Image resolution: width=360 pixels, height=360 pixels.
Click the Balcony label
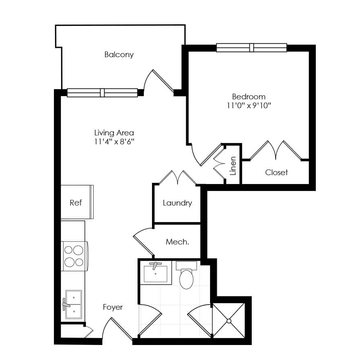coord(119,55)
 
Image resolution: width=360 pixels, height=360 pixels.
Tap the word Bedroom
coord(249,96)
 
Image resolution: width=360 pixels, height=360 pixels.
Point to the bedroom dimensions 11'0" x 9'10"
coord(249,105)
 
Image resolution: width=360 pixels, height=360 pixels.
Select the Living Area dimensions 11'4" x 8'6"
coord(114,141)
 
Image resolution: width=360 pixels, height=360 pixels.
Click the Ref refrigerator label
coord(75,203)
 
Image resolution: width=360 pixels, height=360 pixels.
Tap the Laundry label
coord(177,203)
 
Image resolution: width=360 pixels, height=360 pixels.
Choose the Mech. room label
coord(177,242)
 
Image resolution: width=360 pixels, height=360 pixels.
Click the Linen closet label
coord(233,166)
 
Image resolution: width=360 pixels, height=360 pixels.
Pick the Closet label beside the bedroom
coord(276,172)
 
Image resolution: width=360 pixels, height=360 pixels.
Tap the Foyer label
coord(113,307)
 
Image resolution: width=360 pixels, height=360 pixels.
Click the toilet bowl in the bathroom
coord(186,279)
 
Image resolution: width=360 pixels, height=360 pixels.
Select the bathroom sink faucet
coord(155,266)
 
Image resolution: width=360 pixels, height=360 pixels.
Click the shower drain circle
coord(229,321)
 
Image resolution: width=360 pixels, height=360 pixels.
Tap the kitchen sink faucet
coord(66,304)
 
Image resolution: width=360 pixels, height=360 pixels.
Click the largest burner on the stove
coord(78,250)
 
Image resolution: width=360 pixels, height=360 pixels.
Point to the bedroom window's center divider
coord(252,48)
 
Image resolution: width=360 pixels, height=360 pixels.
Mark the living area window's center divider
coord(103,93)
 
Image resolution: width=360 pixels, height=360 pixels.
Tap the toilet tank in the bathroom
coord(186,266)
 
